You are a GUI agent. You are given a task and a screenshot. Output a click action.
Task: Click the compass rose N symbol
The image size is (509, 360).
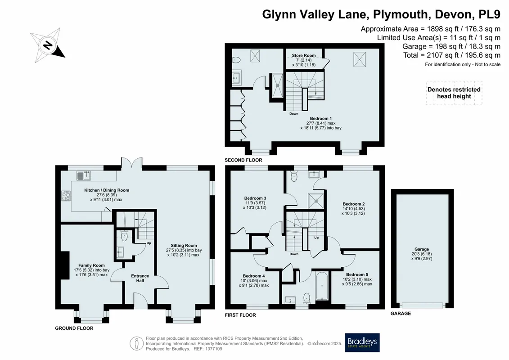tap(48, 45)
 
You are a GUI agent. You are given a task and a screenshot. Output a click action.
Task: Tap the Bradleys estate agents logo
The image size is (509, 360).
tap(362, 342)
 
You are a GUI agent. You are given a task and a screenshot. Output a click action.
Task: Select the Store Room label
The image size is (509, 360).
tap(303, 55)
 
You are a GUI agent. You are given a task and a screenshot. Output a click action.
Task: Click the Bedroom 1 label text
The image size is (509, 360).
tap(321, 118)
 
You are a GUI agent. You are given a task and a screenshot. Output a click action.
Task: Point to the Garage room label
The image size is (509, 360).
tap(422, 249)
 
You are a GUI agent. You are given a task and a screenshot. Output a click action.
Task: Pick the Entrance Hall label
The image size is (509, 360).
tap(140, 278)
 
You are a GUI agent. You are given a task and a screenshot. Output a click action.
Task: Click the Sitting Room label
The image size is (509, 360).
tap(184, 245)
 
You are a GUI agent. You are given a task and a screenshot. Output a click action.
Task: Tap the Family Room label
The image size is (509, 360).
tap(91, 265)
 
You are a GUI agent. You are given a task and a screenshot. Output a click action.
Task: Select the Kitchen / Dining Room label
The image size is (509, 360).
tap(107, 190)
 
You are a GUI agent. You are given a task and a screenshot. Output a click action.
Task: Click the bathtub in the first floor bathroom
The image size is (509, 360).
tap(322, 286)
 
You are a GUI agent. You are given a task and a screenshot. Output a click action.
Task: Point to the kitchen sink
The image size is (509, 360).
tap(84, 175)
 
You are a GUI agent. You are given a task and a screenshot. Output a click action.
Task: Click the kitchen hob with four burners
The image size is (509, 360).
tap(66, 196)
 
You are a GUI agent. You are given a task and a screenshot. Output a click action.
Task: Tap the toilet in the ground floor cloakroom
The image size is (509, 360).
tap(124, 235)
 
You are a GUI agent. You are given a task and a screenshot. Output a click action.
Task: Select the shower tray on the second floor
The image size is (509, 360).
tap(278, 85)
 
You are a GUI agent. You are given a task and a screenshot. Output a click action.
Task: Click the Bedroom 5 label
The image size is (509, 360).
tap(357, 274)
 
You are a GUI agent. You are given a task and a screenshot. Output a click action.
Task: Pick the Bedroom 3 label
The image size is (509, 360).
tap(255, 198)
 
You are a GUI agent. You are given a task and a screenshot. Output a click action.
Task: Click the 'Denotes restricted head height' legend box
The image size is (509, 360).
tap(454, 93)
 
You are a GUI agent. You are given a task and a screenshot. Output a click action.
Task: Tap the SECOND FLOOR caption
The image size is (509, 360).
tap(243, 160)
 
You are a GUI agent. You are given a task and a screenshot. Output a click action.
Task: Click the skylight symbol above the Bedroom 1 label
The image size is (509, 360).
tap(359, 59)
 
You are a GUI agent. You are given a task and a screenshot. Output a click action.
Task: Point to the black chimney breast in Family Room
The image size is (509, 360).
tap(65, 265)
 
